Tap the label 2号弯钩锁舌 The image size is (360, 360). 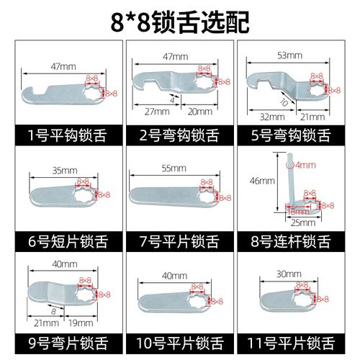(x=179, y=132)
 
